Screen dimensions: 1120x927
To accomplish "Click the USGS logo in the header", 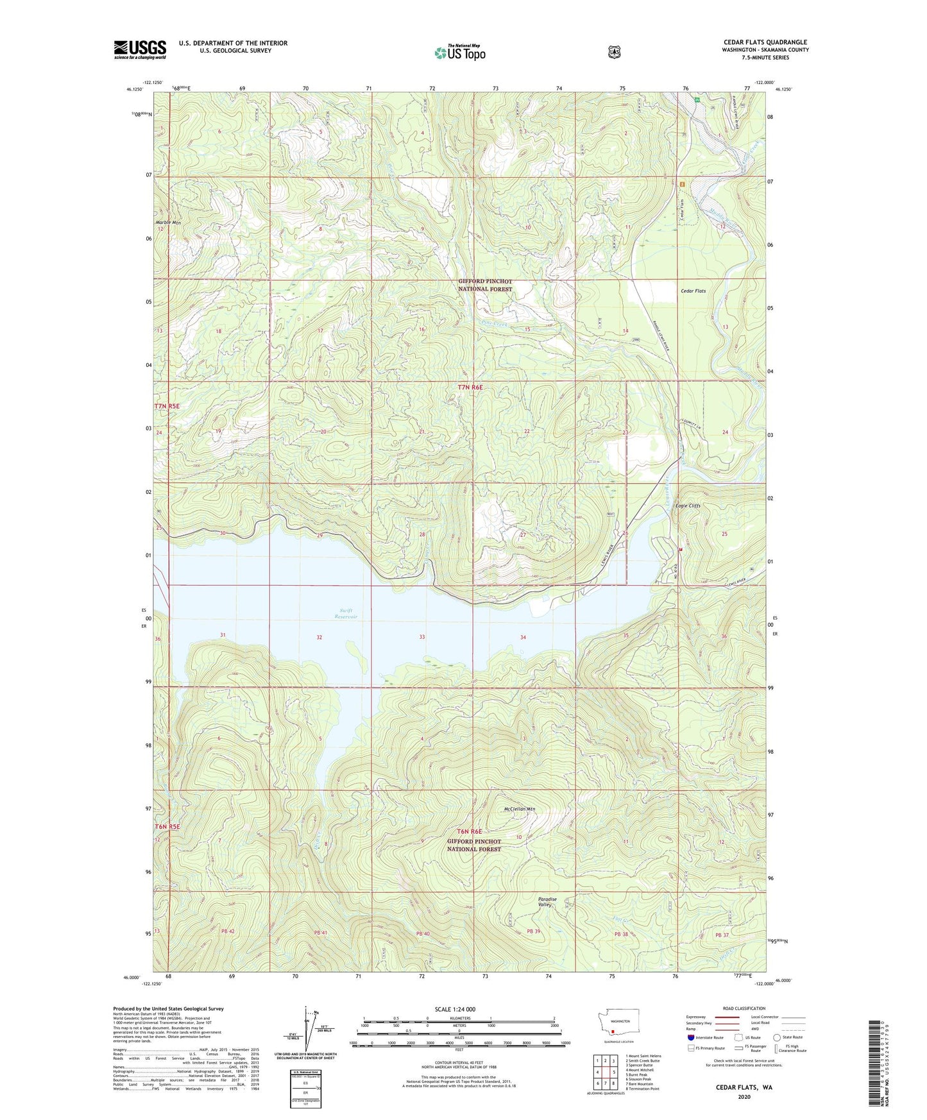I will coord(140,49).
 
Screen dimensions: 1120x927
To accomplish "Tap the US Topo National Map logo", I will coord(459,53).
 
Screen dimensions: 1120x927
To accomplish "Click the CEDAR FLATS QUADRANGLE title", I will coord(765,42).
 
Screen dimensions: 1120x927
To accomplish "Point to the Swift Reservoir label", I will coord(346,613).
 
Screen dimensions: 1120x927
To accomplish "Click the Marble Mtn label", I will coord(169,223).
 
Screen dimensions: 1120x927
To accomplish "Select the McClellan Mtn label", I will coord(519,809).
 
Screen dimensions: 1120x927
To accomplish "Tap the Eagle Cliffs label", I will coord(688,505).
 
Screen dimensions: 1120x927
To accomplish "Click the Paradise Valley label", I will coord(547,902).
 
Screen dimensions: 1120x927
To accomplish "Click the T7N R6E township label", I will coord(470,387).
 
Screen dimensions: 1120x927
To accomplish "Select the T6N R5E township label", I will coord(167,826).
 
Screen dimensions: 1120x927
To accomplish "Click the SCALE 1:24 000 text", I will coord(455,1009).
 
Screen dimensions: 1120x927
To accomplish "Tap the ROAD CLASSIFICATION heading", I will coord(744,1008).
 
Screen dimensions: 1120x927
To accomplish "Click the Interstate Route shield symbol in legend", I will coord(690,1037).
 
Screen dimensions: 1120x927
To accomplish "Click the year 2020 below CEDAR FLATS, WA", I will coord(744,1097).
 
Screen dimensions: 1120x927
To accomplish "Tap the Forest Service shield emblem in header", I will coord(614,52).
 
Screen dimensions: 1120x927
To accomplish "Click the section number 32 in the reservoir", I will coord(319,638).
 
